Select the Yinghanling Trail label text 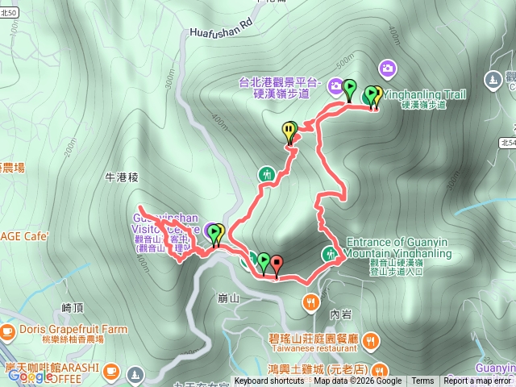424,94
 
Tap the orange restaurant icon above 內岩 310,302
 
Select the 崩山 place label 229,298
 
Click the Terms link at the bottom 422,381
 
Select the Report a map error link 477,381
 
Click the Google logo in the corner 30,376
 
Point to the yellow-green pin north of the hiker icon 289,132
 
